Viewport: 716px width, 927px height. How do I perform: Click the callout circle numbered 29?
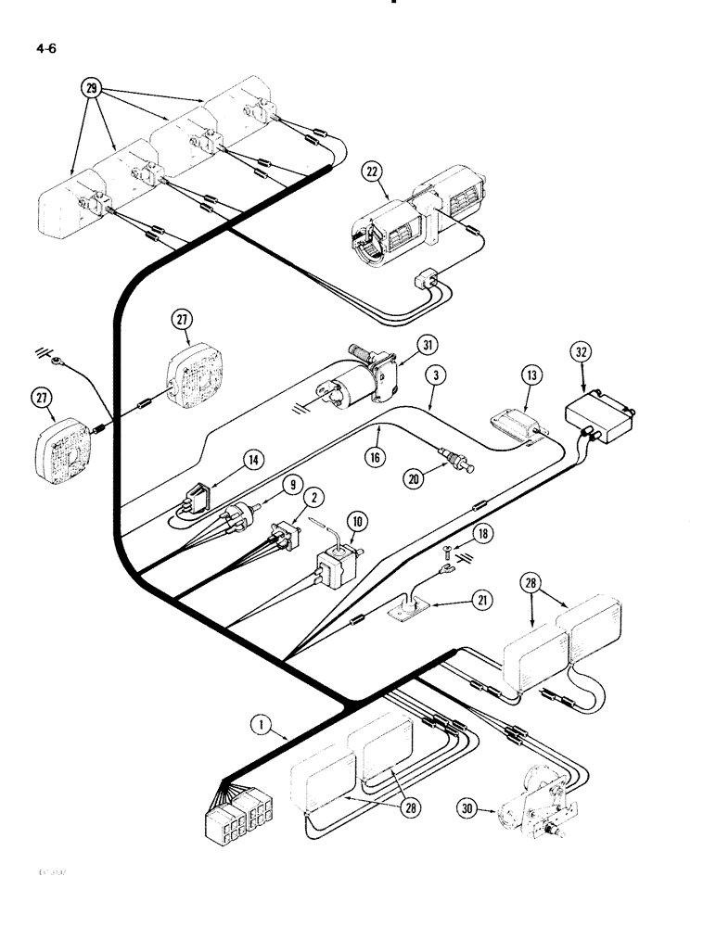[x=91, y=89]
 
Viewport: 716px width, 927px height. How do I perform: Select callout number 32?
[x=581, y=353]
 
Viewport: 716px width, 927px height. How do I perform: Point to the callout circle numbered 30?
[x=473, y=807]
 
